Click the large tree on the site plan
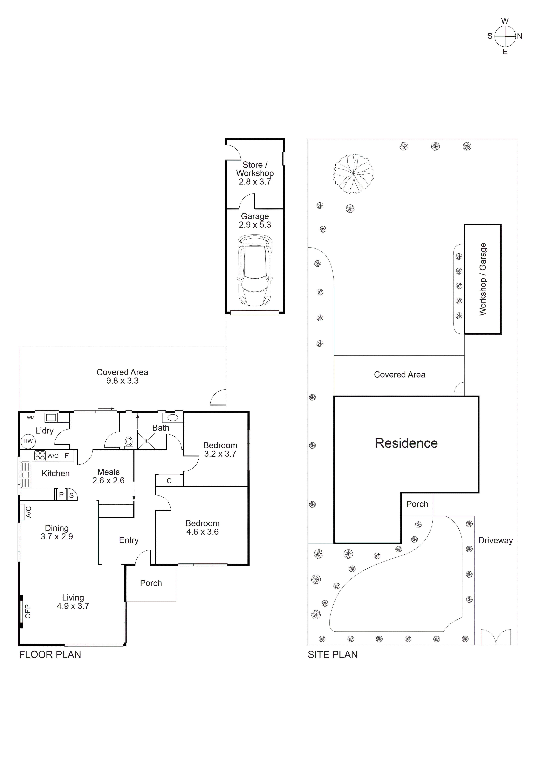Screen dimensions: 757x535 [353, 173]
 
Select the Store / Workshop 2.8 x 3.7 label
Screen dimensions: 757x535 [255, 173]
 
